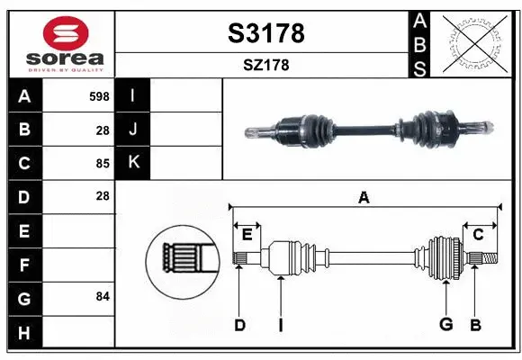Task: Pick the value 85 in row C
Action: (x=102, y=164)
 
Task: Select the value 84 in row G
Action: (x=102, y=296)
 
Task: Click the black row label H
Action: (x=24, y=333)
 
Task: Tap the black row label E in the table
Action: (x=24, y=231)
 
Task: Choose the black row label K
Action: (x=133, y=163)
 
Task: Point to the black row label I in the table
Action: (x=133, y=95)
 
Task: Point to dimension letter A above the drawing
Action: (x=364, y=197)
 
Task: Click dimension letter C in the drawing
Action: (x=479, y=234)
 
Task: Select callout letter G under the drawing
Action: (x=445, y=325)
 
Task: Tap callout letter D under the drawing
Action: (x=239, y=325)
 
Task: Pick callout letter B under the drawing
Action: (x=476, y=325)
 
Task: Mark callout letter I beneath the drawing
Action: (x=281, y=325)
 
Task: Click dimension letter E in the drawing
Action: (x=247, y=235)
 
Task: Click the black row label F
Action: (x=24, y=265)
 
